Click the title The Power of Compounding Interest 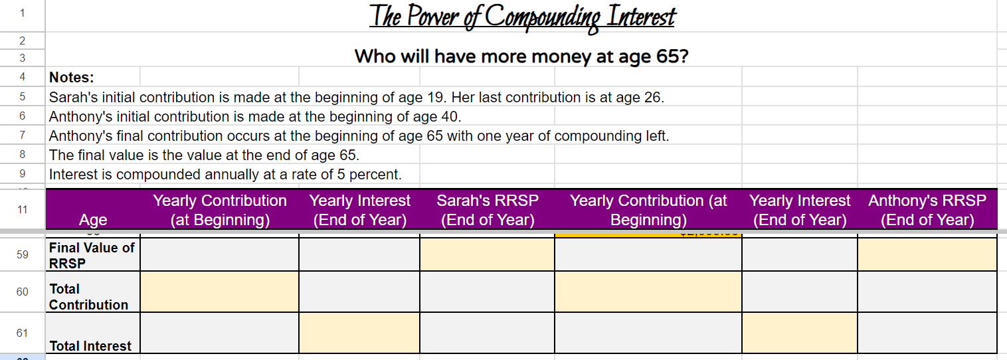click(x=521, y=17)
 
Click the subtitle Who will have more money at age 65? click(x=521, y=56)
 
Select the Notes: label click(x=72, y=78)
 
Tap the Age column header click(x=92, y=220)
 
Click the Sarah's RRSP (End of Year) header click(x=487, y=210)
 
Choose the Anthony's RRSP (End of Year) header click(x=927, y=210)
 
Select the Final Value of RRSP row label click(x=92, y=255)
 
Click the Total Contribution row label click(x=88, y=297)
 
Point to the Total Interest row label click(x=90, y=345)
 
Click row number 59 click(x=22, y=254)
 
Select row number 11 click(x=22, y=209)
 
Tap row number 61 click(x=22, y=333)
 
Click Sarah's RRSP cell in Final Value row click(x=487, y=255)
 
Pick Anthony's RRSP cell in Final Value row click(x=927, y=255)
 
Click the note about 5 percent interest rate click(x=225, y=175)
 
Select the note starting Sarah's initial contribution click(x=356, y=98)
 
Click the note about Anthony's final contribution click(x=359, y=136)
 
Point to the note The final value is click(x=204, y=155)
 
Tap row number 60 click(x=22, y=292)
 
